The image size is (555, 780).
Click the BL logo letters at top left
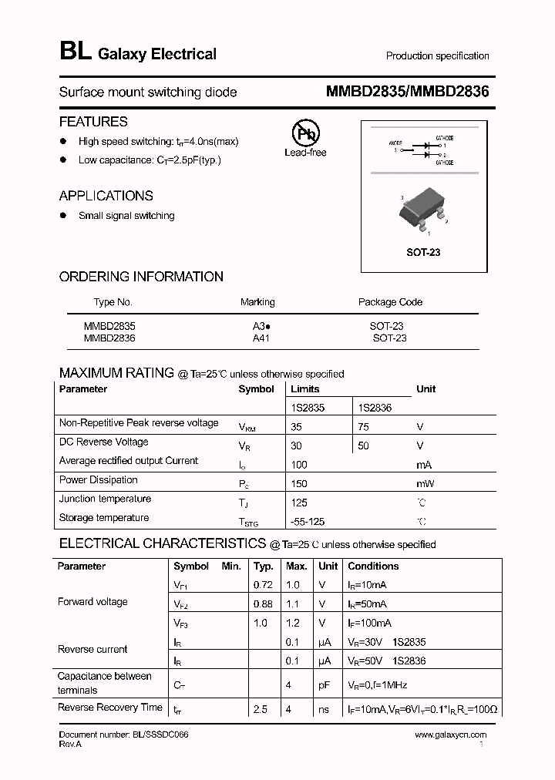coord(76,52)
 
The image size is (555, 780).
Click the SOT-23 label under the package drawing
coord(423,252)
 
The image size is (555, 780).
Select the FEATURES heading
coord(93,122)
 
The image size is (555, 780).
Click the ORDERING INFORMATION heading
coord(141,277)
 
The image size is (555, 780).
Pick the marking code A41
coord(261,338)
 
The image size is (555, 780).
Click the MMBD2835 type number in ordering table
coord(109,326)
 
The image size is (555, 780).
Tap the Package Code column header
coord(390,302)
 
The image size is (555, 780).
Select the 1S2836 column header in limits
coord(375,408)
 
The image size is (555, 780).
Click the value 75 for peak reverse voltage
coord(364,426)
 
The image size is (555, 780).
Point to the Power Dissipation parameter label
coord(99,479)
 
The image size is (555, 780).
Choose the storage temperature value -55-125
coord(308,522)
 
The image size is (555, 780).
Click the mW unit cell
coord(425,483)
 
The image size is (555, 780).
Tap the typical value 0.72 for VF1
coord(263,585)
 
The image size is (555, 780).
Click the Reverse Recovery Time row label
coord(110,708)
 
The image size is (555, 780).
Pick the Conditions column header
coord(373,566)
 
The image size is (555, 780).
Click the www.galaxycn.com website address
coord(451,735)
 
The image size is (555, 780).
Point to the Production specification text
coord(437,55)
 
